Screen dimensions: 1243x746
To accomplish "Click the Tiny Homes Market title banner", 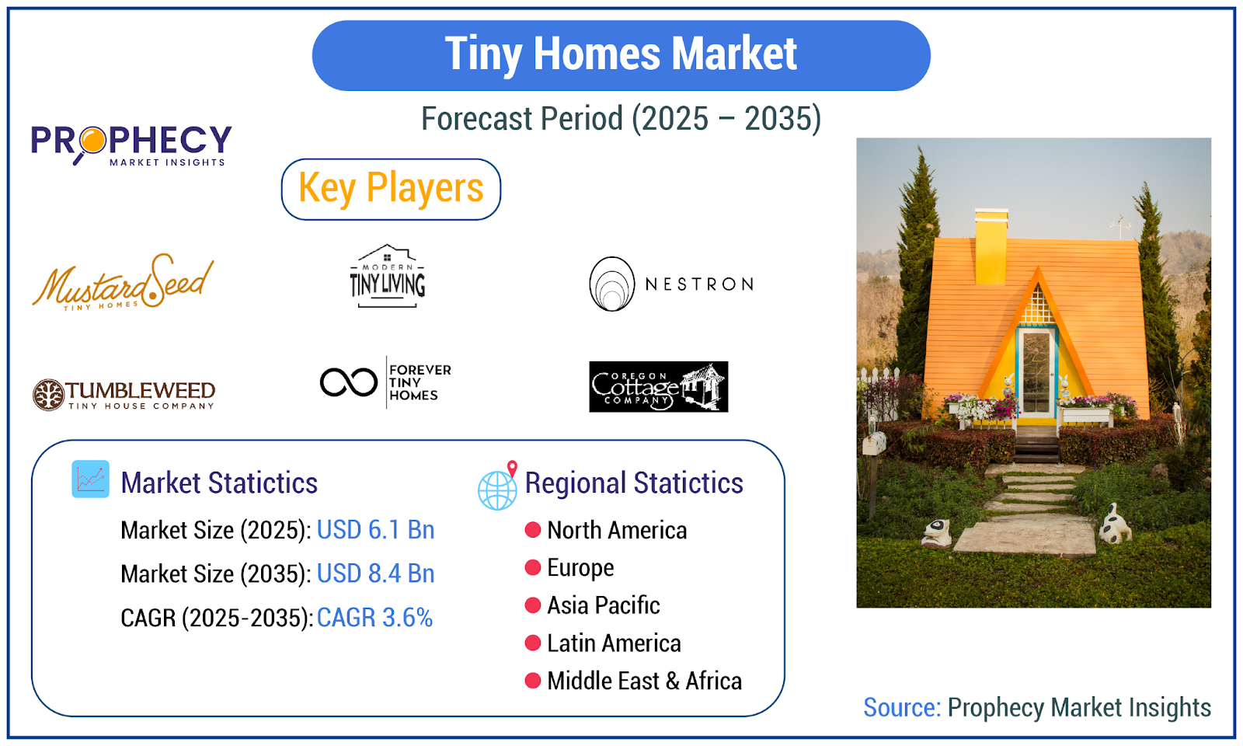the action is (x=621, y=55).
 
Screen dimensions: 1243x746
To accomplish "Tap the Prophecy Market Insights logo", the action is (x=131, y=145).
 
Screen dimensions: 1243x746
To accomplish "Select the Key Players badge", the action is (x=391, y=190).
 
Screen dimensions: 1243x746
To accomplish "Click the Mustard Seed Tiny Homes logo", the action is (x=123, y=283).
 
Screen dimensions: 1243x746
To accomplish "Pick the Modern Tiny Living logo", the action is (x=388, y=276).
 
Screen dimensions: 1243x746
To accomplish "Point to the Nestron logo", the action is (x=671, y=284).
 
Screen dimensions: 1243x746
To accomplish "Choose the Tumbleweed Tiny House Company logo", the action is (x=124, y=395).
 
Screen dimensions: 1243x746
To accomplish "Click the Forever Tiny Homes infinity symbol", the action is (x=349, y=382).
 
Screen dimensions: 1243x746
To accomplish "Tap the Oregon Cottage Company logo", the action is (x=658, y=386).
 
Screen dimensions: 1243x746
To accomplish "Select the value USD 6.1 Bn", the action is (x=376, y=530).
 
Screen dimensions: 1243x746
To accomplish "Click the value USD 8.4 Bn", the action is (x=376, y=573).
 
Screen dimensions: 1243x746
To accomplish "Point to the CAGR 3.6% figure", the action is (x=374, y=618).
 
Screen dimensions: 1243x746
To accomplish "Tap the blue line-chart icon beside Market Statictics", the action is (x=90, y=479).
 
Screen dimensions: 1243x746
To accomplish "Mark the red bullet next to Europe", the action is (x=533, y=568).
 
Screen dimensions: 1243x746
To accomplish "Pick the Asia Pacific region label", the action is (x=604, y=605).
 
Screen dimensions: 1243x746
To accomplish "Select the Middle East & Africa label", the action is (x=644, y=681).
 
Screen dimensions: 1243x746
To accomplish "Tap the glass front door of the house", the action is (x=1036, y=373).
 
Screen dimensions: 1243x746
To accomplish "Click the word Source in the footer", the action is (x=902, y=708).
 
